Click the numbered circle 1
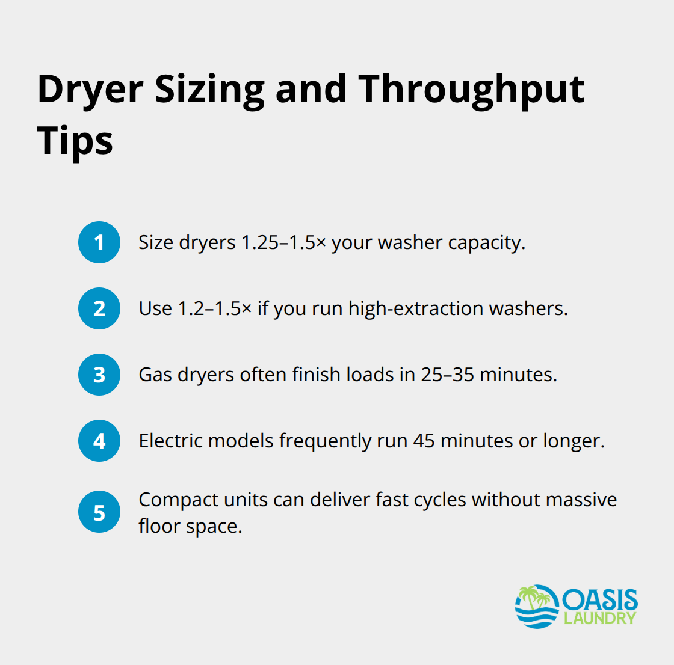(99, 242)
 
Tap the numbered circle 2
(99, 308)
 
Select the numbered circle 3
(99, 375)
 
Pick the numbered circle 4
(99, 441)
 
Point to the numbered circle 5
(99, 513)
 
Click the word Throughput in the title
(471, 90)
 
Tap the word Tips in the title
(75, 141)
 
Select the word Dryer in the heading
(90, 90)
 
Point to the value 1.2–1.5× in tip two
(215, 308)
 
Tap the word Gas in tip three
(155, 375)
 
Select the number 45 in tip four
(424, 441)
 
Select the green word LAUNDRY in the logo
(600, 618)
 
